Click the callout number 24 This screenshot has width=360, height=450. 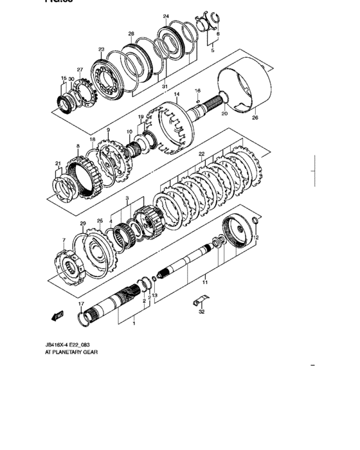(x=166, y=16)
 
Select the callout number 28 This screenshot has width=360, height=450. (x=131, y=33)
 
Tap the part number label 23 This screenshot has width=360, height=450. (x=101, y=49)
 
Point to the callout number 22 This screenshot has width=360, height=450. (x=201, y=154)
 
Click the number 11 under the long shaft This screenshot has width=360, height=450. (x=205, y=281)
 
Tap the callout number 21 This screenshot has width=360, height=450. (x=57, y=164)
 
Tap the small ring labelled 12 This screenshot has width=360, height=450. (x=256, y=222)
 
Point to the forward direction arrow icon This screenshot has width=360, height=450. (x=57, y=316)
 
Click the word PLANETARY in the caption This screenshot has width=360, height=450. (x=70, y=352)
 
